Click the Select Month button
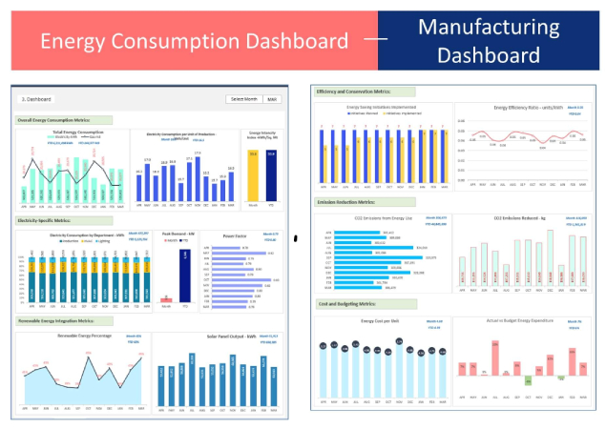[x=244, y=99]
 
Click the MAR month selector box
[x=273, y=99]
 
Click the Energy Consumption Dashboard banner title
[x=194, y=41]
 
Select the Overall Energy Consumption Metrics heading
[x=65, y=121]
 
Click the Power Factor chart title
[x=236, y=235]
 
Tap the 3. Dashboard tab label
[x=37, y=99]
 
